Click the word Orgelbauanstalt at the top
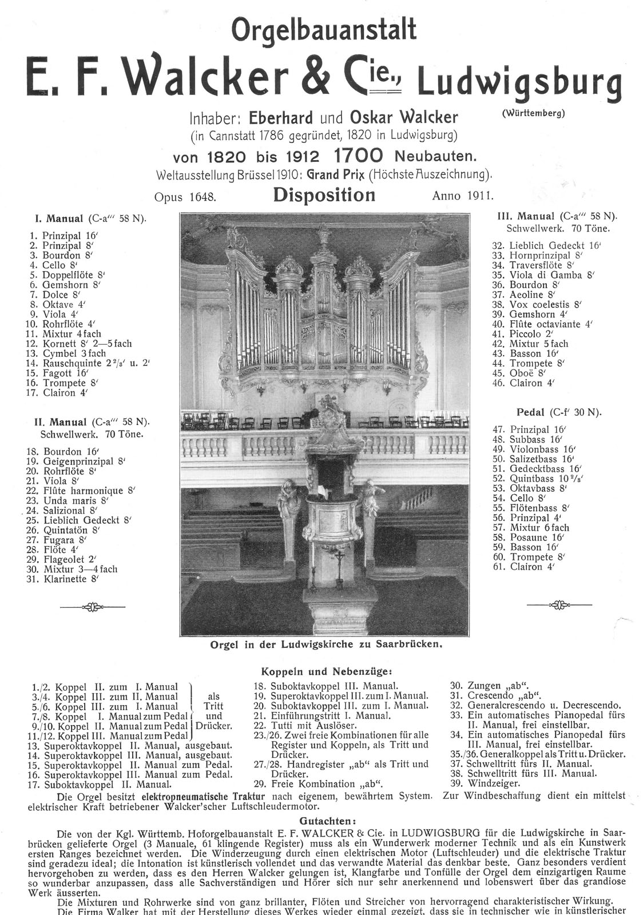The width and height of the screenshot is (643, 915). (x=323, y=30)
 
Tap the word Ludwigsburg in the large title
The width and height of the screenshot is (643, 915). (x=519, y=81)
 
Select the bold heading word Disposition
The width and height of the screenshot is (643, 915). (x=324, y=195)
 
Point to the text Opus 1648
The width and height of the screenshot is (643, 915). (x=185, y=197)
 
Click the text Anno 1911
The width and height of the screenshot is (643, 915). (x=463, y=196)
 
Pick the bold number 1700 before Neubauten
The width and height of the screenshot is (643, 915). (x=358, y=155)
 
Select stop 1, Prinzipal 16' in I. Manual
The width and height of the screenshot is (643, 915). (x=63, y=236)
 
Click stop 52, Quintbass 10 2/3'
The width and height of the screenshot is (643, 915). (x=539, y=478)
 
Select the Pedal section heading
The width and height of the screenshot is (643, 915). (x=530, y=412)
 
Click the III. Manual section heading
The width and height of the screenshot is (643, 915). (x=535, y=217)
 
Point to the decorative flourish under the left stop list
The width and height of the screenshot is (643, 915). (x=92, y=607)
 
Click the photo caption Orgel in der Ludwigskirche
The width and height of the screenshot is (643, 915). (x=327, y=644)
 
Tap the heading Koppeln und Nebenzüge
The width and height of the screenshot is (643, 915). (x=326, y=671)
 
